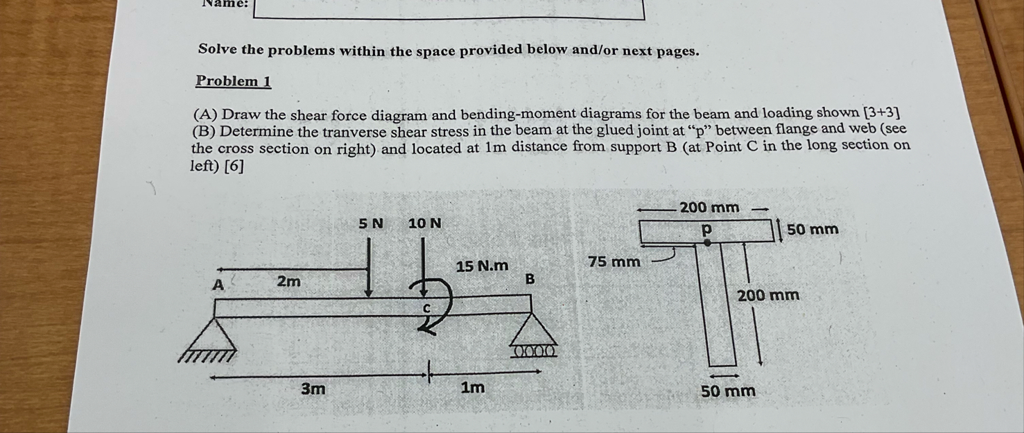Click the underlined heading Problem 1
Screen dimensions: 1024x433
233,81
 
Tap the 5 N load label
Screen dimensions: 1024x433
371,223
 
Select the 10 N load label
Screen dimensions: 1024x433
424,223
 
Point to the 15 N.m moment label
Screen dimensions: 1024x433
482,266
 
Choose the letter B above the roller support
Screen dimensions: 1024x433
530,279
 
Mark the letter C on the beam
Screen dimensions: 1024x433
427,307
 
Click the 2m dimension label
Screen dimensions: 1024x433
289,281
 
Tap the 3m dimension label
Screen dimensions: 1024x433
313,389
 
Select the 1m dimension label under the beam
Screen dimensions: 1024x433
473,388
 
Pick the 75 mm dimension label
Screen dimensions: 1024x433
614,262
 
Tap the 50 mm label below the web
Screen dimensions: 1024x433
728,391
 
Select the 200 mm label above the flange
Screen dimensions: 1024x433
709,207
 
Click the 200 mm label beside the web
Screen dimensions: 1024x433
768,296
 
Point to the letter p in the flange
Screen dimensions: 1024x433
706,228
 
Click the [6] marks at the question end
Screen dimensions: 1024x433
234,167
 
